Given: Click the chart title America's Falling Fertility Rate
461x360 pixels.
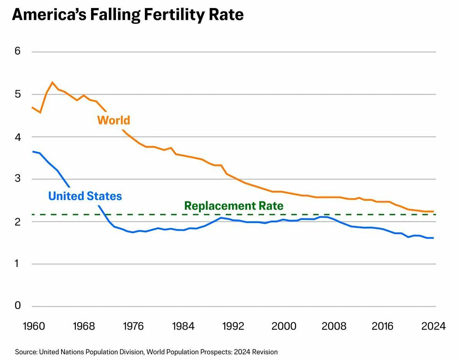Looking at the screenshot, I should [x=128, y=15].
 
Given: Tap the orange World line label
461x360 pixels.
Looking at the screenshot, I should [x=114, y=120].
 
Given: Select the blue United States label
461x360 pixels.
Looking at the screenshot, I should [x=85, y=196].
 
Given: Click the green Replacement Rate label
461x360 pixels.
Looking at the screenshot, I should [x=234, y=206].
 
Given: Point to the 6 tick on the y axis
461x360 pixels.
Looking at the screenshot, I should [x=17, y=51].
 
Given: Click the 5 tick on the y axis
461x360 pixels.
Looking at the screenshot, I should [x=17, y=94].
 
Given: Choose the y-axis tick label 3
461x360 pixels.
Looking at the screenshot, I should [x=17, y=179].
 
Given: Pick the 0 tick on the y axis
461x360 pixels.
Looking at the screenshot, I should [x=17, y=306].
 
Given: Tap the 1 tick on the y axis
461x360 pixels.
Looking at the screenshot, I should [x=17, y=264].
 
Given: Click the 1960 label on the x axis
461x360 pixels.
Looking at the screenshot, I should [x=34, y=326].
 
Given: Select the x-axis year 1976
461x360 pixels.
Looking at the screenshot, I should [x=133, y=326].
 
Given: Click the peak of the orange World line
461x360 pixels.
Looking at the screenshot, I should [x=52, y=82].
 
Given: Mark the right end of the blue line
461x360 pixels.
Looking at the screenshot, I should [x=433, y=238].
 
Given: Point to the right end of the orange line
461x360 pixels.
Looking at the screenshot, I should [x=433, y=211].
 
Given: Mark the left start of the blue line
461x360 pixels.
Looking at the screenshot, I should [x=33, y=152].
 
